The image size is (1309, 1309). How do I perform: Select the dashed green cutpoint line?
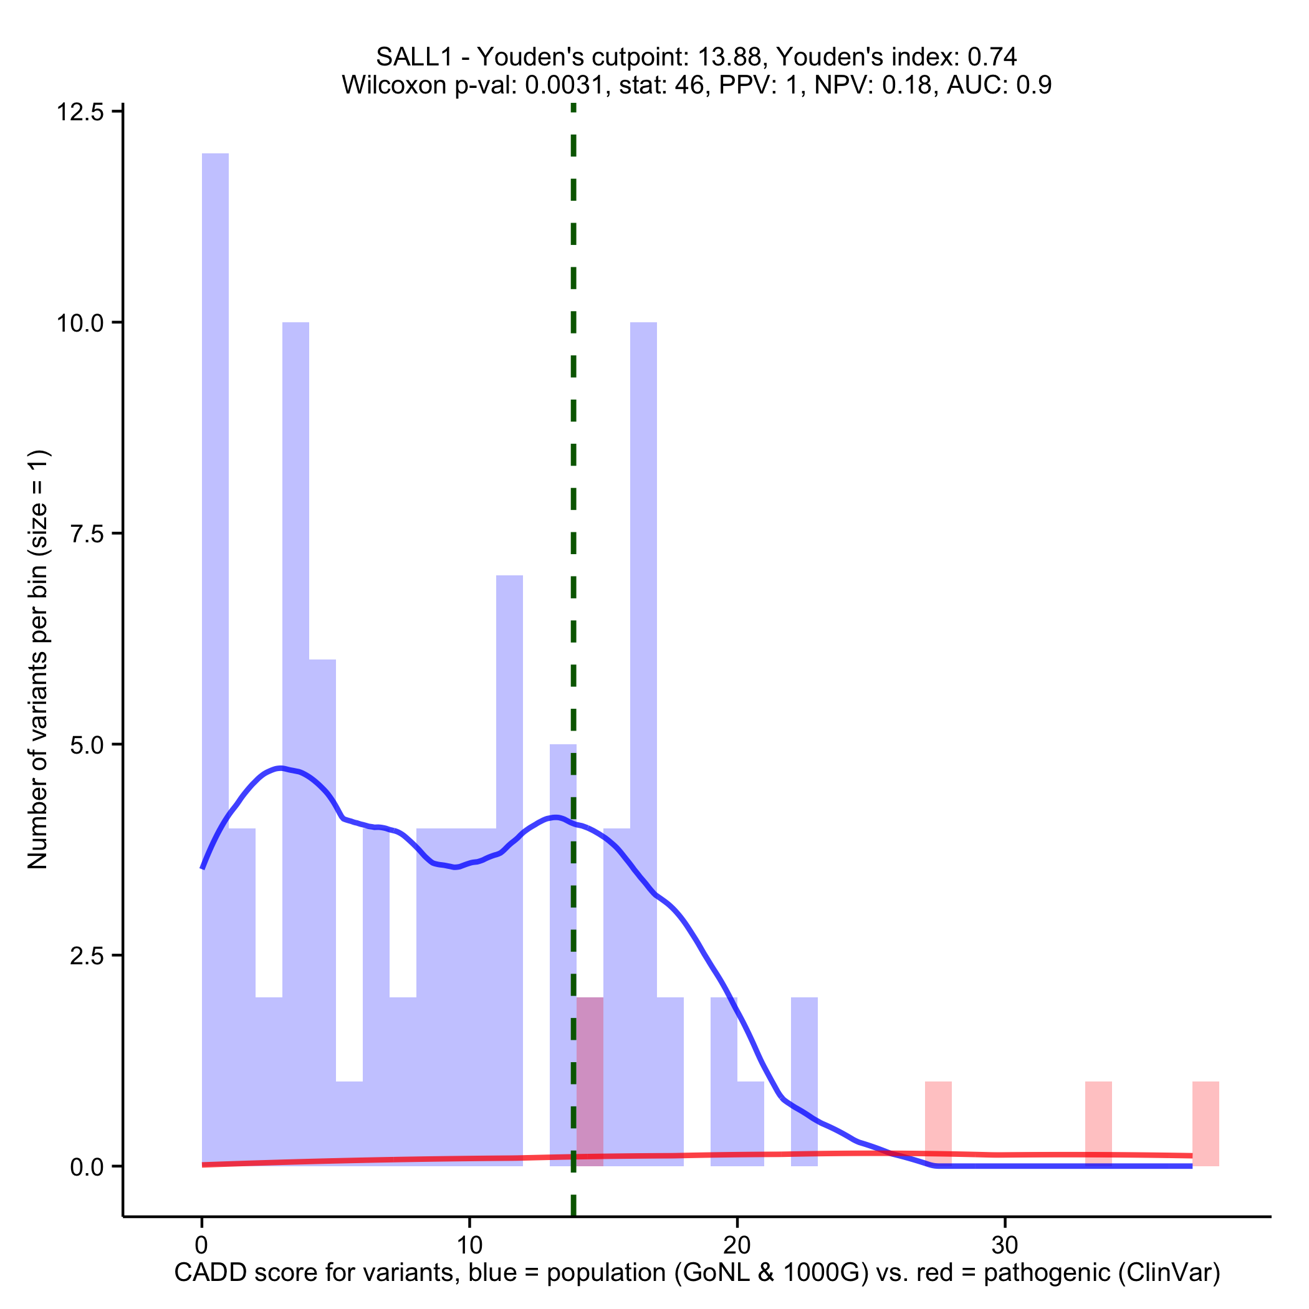[573, 474]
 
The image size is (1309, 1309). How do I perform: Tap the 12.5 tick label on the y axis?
[79, 112]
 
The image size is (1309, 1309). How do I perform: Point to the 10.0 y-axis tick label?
[79, 322]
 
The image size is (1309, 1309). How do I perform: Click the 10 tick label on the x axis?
[469, 1245]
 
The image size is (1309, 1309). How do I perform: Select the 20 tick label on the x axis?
[737, 1245]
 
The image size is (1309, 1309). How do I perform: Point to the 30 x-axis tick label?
[1004, 1245]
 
